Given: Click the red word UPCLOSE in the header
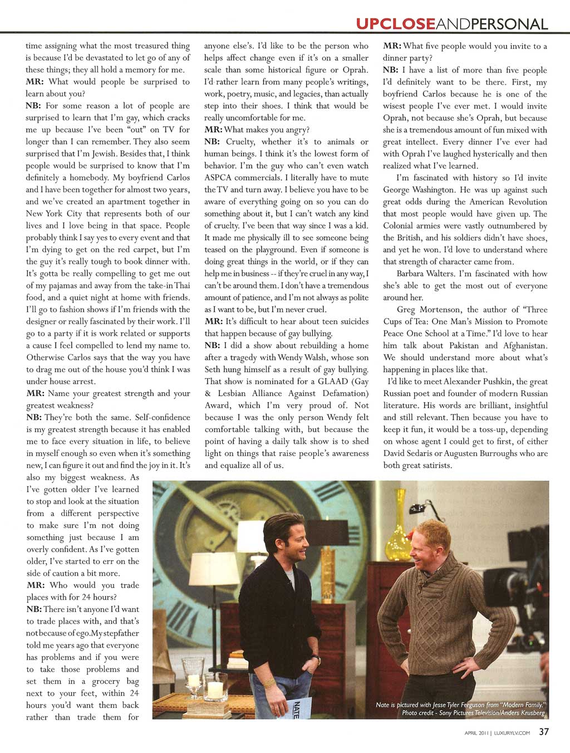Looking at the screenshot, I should pyautogui.click(x=395, y=24).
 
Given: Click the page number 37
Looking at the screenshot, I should pyautogui.click(x=544, y=732).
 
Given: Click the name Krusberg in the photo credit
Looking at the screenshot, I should pyautogui.click(x=528, y=712).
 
